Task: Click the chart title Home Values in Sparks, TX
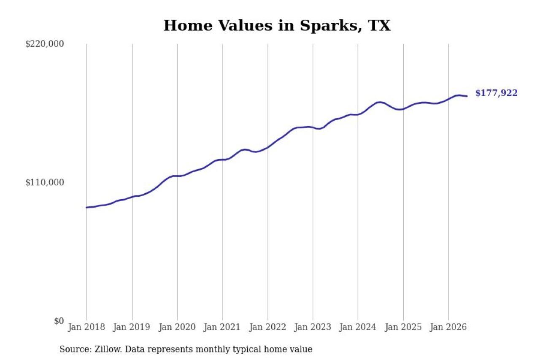tap(277, 26)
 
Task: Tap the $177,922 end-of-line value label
tap(497, 93)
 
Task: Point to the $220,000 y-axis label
tap(45, 44)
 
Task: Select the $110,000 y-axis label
tap(45, 182)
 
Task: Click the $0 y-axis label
tap(59, 321)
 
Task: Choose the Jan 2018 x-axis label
tap(86, 327)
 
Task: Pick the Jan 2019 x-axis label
tap(132, 327)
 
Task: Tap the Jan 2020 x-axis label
tap(177, 327)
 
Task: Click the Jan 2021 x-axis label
tap(222, 327)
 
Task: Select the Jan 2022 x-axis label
tap(267, 327)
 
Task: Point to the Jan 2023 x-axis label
tap(313, 327)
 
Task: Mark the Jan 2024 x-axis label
tap(358, 327)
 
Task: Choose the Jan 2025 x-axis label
tap(403, 327)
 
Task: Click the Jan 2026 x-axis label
tap(448, 327)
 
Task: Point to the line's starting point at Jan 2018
tap(87, 207)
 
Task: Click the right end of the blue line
tap(467, 96)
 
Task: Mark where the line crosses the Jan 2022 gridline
tap(267, 147)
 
